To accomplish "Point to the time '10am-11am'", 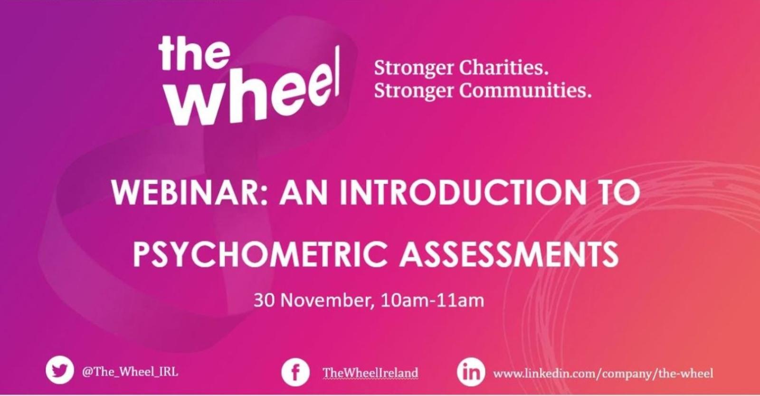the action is point(433,300).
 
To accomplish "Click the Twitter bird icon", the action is point(60,370).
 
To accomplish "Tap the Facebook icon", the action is point(295,372).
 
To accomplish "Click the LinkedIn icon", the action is point(471,372).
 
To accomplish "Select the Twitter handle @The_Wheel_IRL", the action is point(130,372).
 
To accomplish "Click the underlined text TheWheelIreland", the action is point(370,373).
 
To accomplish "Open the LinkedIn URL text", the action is point(603,374).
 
